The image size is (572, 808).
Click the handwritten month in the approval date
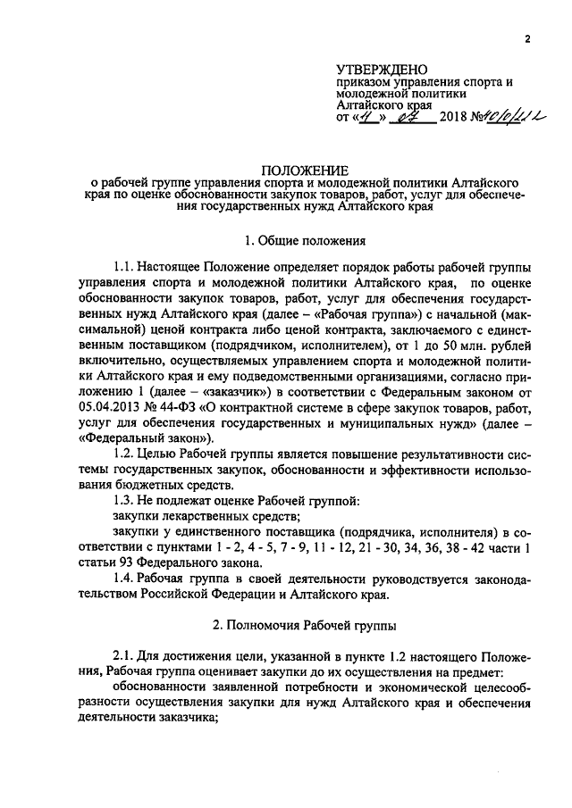click(409, 116)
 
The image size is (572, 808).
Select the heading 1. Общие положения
click(297, 240)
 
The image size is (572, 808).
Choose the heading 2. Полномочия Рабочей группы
click(297, 629)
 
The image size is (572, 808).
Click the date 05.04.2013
click(111, 409)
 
